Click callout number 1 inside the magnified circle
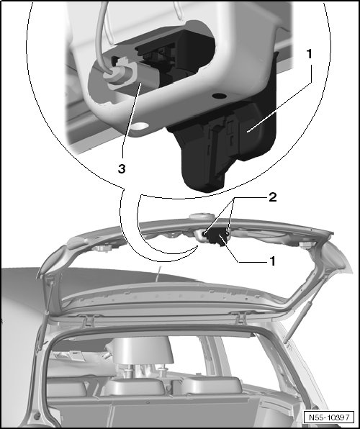click(309, 54)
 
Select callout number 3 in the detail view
click(122, 169)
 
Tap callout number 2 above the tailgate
click(273, 197)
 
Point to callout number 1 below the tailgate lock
click(272, 261)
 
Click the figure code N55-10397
click(329, 417)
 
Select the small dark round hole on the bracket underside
click(220, 96)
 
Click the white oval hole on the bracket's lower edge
click(140, 126)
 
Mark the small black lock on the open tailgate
click(217, 238)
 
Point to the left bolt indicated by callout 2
click(204, 233)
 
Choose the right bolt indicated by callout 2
click(228, 232)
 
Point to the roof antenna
click(158, 274)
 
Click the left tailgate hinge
click(88, 320)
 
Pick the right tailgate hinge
click(240, 317)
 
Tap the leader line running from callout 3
click(132, 119)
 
